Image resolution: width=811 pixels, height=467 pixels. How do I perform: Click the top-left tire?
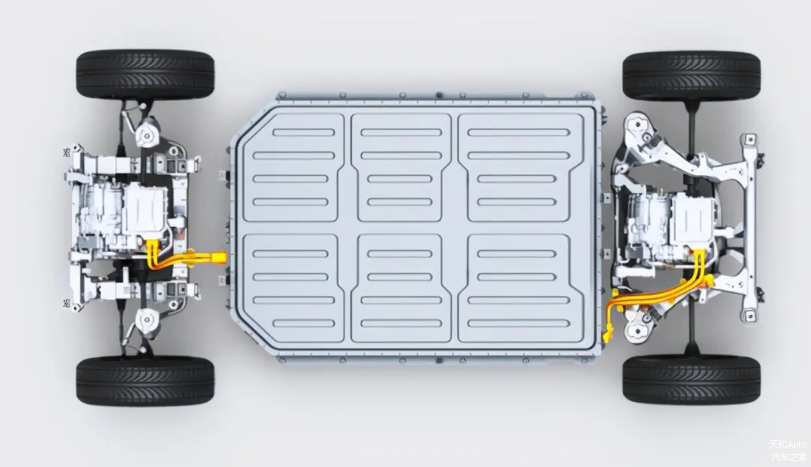point(145,76)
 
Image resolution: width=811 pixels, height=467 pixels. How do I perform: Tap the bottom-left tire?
point(145,381)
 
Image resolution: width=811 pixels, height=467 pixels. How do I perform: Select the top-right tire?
point(691,76)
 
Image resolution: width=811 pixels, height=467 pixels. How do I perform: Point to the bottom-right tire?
point(691,379)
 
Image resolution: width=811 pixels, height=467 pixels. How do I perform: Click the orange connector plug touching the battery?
point(218,256)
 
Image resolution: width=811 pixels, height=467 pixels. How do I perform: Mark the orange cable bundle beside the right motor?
point(657,293)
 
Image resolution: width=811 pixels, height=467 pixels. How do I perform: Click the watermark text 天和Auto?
point(788,444)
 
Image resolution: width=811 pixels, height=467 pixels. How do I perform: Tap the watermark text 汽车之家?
point(789,457)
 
